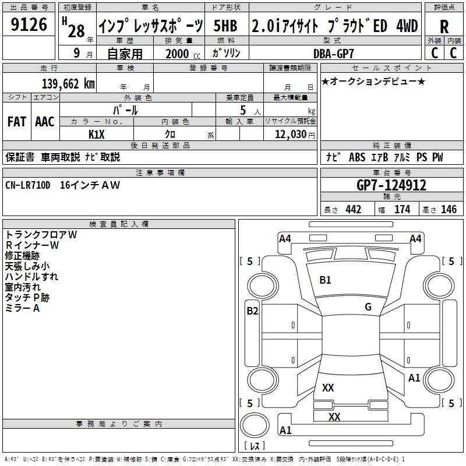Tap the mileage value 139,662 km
point(69,84)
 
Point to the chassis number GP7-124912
point(391,185)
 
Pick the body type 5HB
point(225,26)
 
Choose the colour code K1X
point(97,134)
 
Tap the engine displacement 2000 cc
point(178,54)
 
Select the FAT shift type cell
point(16,121)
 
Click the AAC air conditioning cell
point(45,121)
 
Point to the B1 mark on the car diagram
point(325,280)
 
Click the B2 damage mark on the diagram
point(252,311)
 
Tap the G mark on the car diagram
point(368,307)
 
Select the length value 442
point(353,210)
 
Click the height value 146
point(449,210)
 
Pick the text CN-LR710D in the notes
point(28,185)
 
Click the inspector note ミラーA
point(22,308)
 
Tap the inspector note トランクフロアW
point(41,235)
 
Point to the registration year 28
point(76,30)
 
